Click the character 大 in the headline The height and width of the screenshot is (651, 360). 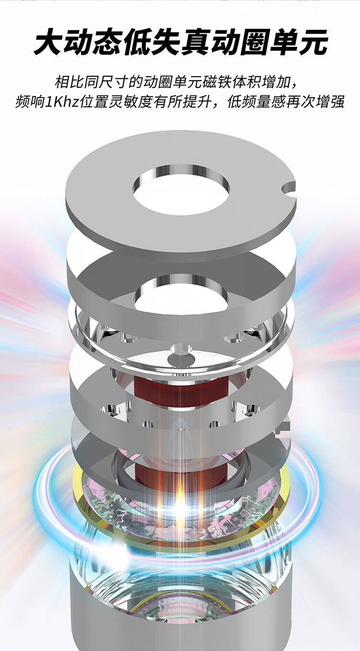pos(48,42)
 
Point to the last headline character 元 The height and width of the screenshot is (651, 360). pos(313,42)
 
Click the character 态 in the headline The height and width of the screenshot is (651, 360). pos(107,42)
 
